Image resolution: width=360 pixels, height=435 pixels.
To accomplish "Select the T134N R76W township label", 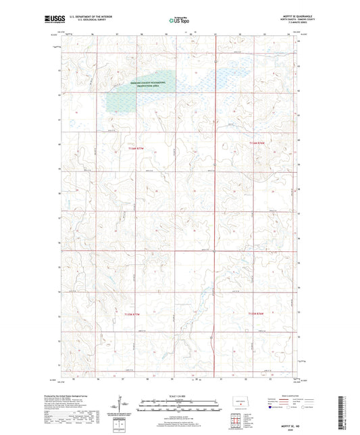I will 259,143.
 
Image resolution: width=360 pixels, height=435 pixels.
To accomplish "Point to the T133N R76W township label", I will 257,313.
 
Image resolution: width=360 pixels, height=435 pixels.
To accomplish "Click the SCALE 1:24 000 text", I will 180,395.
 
